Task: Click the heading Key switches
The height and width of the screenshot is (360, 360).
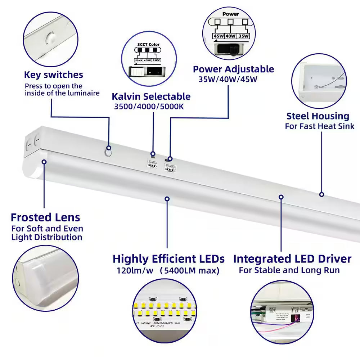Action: tap(53, 75)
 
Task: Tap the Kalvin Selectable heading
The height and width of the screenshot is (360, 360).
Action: tap(151, 96)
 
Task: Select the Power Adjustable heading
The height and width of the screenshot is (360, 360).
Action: tap(233, 69)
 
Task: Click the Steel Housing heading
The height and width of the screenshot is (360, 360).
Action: tap(318, 116)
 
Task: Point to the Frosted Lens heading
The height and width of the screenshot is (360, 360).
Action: tap(45, 217)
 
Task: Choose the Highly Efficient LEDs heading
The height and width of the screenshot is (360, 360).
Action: tap(168, 259)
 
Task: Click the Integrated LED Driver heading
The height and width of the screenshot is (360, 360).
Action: tap(292, 259)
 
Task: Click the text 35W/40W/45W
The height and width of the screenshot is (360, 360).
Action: tap(228, 79)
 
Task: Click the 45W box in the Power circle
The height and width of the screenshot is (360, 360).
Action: tap(219, 36)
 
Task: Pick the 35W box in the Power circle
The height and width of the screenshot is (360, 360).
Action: tap(244, 36)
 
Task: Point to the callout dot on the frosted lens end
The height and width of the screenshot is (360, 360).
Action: tap(44, 162)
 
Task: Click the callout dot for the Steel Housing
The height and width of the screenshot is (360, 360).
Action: tap(321, 194)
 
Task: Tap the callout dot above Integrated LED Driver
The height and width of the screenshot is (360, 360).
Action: tap(281, 197)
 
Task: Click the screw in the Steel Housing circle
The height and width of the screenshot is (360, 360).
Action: tap(315, 86)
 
